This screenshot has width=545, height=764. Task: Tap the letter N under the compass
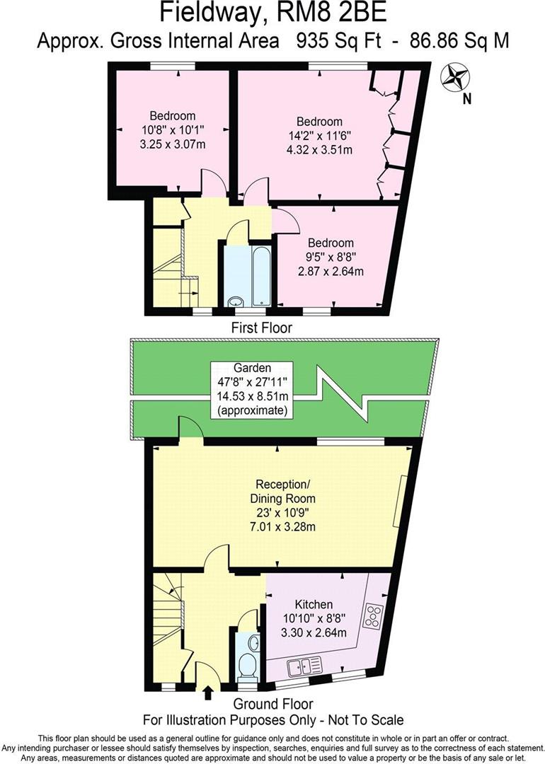point(466,100)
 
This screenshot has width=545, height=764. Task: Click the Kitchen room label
point(314,605)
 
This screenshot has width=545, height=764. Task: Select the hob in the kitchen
point(373,616)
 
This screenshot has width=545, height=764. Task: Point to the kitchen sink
point(305,666)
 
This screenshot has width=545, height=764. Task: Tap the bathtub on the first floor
point(260,276)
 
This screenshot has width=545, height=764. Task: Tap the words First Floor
point(262,328)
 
